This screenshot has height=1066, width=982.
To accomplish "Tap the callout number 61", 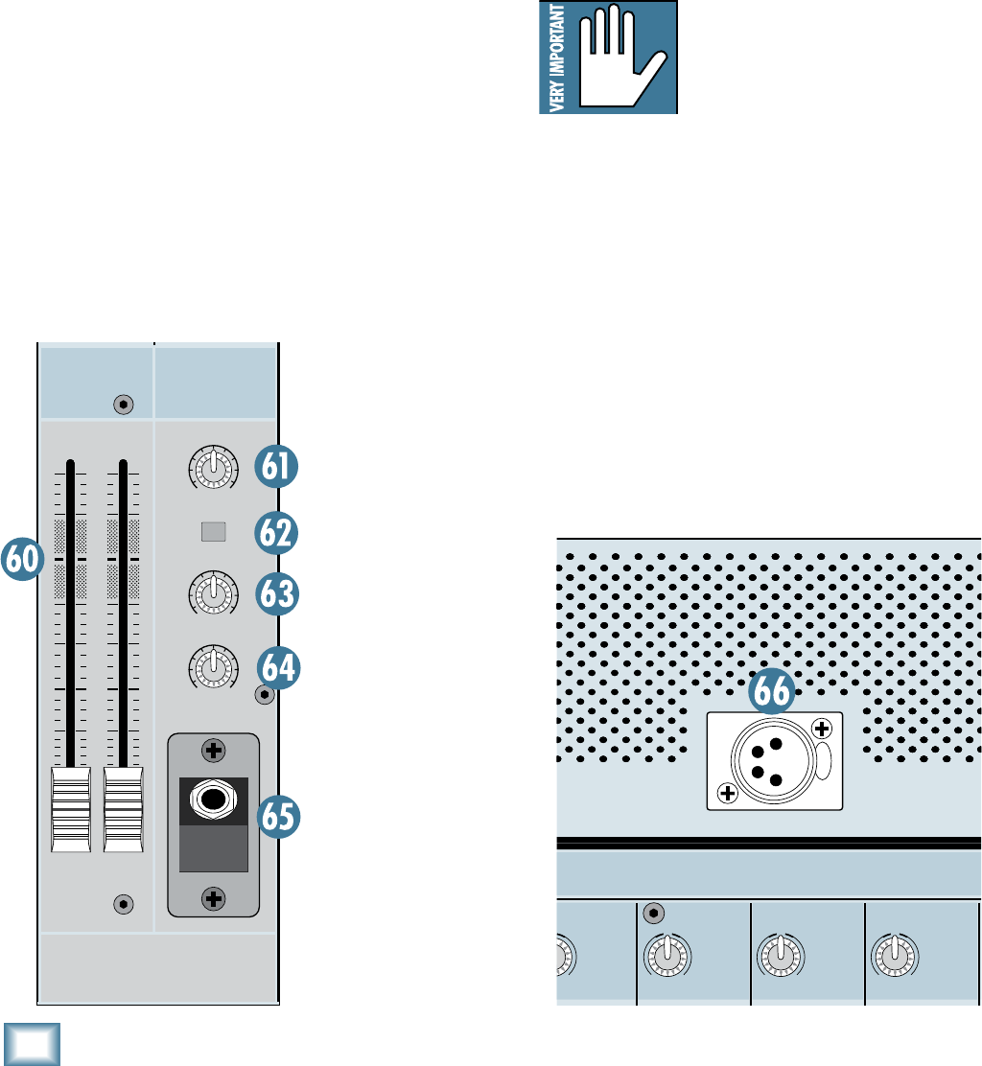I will click(277, 469).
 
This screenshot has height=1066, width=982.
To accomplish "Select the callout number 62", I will click(277, 532).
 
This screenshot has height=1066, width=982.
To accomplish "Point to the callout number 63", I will click(277, 595).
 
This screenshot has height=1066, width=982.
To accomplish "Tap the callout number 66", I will click(773, 691).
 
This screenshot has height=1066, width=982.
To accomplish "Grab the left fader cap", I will click(70, 809).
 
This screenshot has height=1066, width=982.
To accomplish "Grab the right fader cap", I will click(123, 809).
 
